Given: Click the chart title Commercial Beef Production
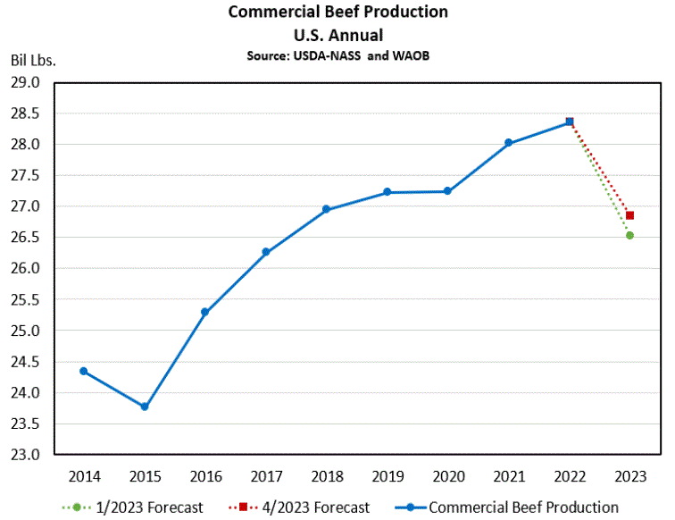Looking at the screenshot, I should pyautogui.click(x=337, y=13).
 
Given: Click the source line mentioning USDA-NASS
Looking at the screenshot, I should pyautogui.click(x=337, y=55).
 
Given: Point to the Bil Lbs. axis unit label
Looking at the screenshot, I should pyautogui.click(x=33, y=61).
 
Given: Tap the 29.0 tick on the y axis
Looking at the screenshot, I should pyautogui.click(x=28, y=82).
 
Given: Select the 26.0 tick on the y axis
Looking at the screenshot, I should pyautogui.click(x=28, y=268).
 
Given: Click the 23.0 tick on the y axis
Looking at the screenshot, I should pyautogui.click(x=28, y=455).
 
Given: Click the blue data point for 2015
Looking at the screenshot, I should pyautogui.click(x=145, y=407).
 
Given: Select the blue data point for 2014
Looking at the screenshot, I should pyautogui.click(x=84, y=371).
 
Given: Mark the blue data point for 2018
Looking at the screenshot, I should pyautogui.click(x=326, y=209).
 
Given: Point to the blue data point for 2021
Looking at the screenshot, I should pyautogui.click(x=508, y=143).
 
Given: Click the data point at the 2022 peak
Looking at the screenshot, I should pyautogui.click(x=569, y=122).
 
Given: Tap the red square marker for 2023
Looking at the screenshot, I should pyautogui.click(x=629, y=215).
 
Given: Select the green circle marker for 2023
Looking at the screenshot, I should pyautogui.click(x=629, y=236).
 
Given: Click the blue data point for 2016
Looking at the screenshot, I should pyautogui.click(x=204, y=312).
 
